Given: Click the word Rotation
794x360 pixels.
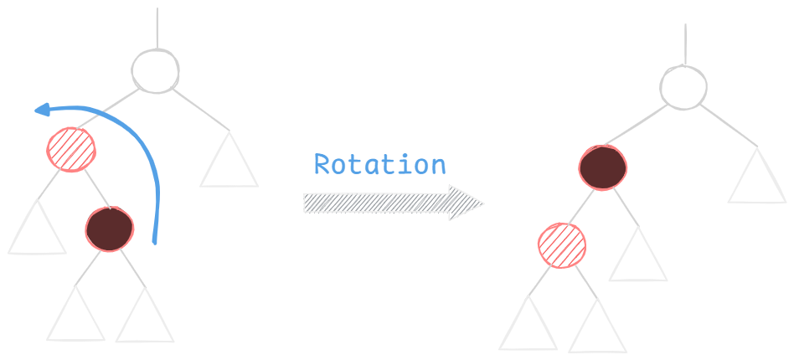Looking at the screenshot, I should tap(379, 164).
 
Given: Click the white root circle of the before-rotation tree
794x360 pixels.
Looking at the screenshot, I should tap(156, 70).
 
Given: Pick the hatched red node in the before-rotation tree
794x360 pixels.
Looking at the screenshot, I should tap(71, 149).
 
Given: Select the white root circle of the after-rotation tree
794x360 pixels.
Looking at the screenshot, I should tap(683, 86).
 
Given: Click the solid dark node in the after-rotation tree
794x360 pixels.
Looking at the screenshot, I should tap(602, 167).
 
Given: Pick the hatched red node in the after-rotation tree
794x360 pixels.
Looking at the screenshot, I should tap(562, 245).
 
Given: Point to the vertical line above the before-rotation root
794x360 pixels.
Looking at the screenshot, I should tap(157, 28).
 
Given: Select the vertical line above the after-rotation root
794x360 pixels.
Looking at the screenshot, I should tap(685, 43).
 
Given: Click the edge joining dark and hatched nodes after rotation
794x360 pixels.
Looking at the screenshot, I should tap(582, 206).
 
